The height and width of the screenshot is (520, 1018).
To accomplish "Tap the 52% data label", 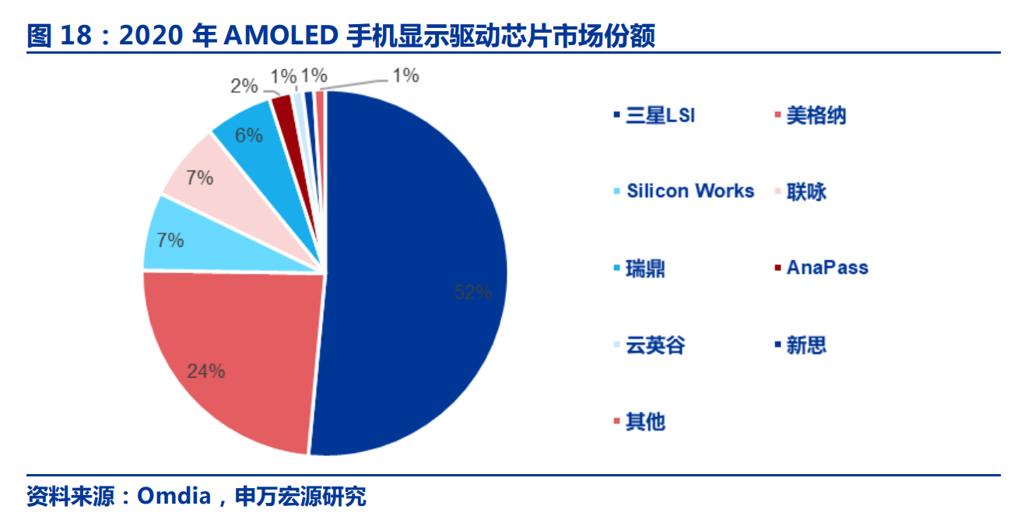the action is click(x=472, y=292).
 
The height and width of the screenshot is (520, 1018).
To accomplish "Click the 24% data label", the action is click(x=206, y=371).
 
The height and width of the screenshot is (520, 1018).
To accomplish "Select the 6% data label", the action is click(x=248, y=135).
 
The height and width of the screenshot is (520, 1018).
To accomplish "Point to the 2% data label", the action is click(x=244, y=86).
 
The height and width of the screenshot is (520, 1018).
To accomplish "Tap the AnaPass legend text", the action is click(x=827, y=267).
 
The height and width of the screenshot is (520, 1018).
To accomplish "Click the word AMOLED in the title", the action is click(x=281, y=35).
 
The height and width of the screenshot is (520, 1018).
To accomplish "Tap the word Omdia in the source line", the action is click(x=174, y=496).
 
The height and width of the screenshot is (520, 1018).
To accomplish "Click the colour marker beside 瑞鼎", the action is click(x=616, y=268).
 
